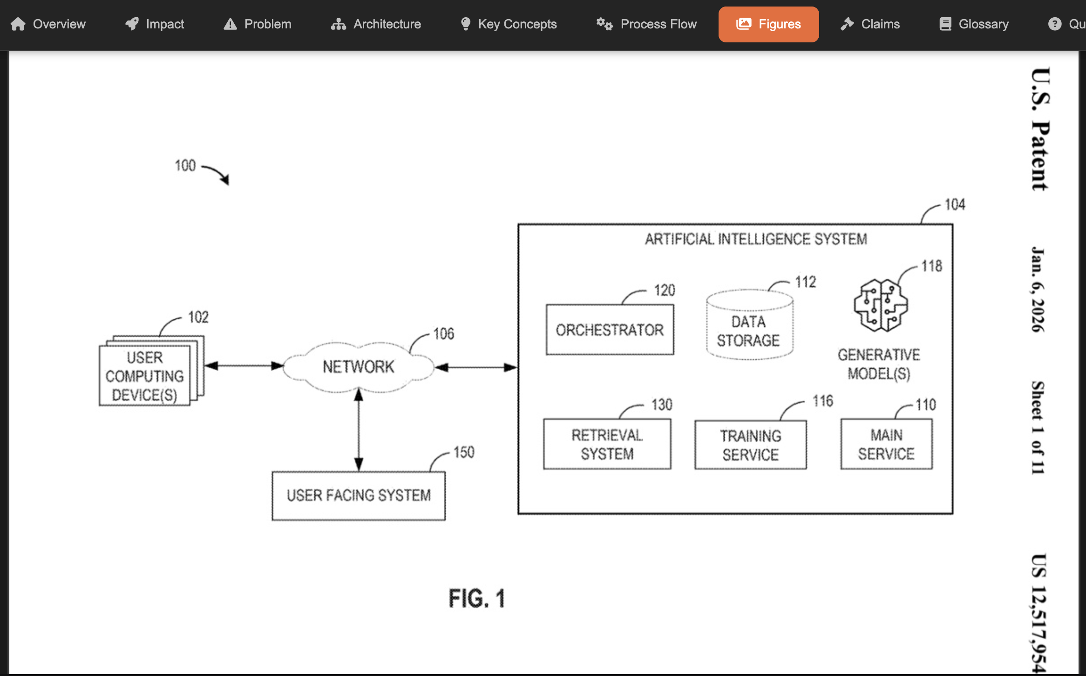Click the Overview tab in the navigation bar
(x=48, y=24)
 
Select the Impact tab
(x=155, y=24)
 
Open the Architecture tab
(x=376, y=24)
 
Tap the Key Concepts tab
(x=509, y=24)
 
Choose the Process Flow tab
(x=647, y=24)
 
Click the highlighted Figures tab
(x=768, y=24)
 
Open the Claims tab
(x=870, y=24)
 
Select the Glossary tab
(x=974, y=24)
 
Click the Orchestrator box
(x=610, y=330)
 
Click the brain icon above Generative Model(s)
(x=880, y=305)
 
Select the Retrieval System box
(x=607, y=444)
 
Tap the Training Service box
(x=750, y=445)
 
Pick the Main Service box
(x=886, y=444)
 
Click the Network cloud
(x=359, y=367)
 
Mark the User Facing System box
(x=359, y=495)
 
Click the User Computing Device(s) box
(x=145, y=376)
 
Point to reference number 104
(x=955, y=204)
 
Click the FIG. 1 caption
(x=476, y=599)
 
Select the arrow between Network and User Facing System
(x=359, y=431)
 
